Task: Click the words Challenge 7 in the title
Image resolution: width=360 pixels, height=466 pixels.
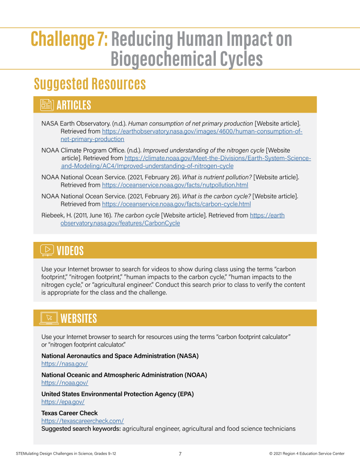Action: (69, 39)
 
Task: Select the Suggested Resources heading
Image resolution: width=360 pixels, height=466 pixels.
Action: (90, 84)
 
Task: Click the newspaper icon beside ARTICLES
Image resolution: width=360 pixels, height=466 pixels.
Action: (47, 105)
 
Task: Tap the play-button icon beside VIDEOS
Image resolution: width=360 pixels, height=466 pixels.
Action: (47, 250)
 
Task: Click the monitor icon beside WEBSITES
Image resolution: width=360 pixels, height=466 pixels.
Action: (49, 318)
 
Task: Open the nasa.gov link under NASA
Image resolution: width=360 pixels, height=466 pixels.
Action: (64, 364)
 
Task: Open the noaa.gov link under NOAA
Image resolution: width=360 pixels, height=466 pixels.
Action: (64, 383)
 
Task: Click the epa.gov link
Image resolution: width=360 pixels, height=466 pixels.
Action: (63, 402)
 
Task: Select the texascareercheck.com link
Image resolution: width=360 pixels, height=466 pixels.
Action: (82, 421)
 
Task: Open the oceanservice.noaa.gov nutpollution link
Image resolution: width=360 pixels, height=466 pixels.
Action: (175, 185)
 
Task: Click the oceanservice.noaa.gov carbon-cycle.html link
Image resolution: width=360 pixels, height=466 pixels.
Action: (176, 204)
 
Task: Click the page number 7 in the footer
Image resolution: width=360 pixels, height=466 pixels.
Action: (180, 454)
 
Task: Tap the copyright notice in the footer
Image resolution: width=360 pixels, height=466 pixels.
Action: (307, 454)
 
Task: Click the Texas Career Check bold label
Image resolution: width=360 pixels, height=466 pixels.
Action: (69, 413)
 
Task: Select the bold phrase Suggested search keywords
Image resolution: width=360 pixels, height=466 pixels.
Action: (81, 429)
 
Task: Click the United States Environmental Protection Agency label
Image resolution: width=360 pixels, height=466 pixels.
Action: (117, 394)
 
